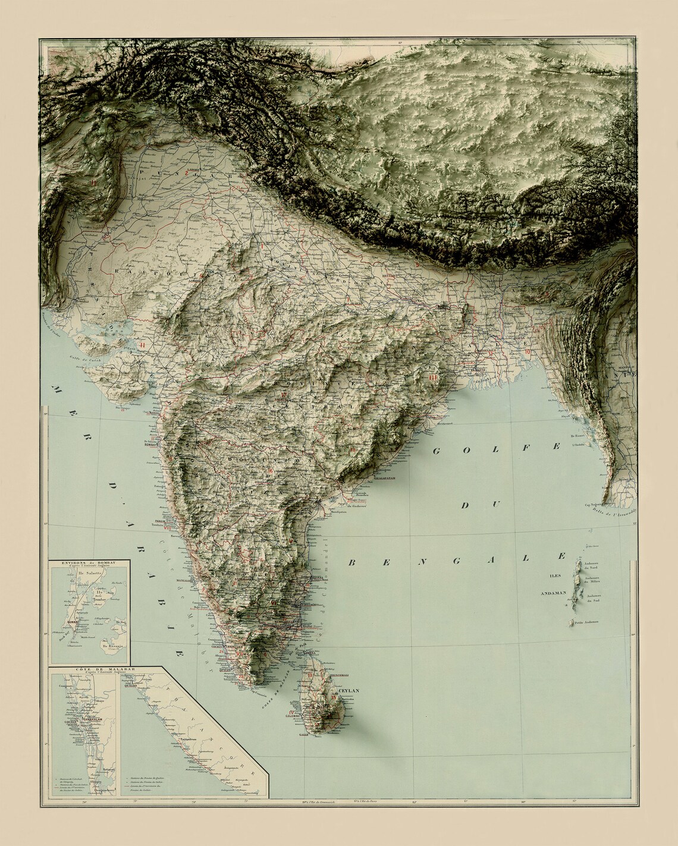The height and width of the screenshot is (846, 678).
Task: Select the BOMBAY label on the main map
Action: click(x=147, y=444)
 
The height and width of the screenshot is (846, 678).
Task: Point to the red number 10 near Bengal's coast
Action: click(x=528, y=351)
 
